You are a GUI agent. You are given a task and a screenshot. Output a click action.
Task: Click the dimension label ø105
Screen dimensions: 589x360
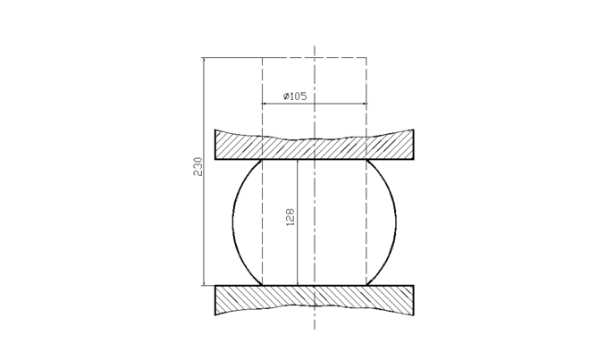[x=295, y=96]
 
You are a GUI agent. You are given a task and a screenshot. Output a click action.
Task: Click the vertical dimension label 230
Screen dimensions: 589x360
[x=198, y=167]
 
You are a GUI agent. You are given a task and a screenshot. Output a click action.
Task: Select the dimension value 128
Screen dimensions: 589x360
[x=290, y=217]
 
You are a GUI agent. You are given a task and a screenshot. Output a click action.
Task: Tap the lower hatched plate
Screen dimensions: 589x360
[x=314, y=299]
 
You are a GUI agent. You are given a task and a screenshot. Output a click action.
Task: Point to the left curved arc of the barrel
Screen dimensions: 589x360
[x=233, y=222]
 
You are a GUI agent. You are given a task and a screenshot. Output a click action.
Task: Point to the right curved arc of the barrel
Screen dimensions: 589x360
[x=396, y=222]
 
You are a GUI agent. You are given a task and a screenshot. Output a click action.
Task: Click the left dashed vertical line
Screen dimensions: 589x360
[x=262, y=172]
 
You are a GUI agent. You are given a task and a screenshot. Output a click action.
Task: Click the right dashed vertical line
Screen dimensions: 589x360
[x=366, y=172]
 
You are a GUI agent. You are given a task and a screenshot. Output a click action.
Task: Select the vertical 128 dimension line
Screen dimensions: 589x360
[x=297, y=222]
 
